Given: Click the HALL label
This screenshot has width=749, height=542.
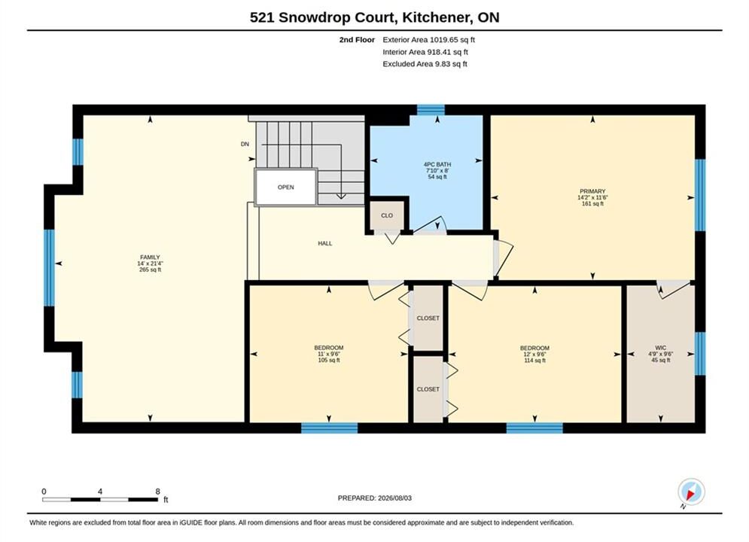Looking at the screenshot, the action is [x=325, y=244].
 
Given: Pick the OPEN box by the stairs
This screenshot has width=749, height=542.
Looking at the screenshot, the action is [x=285, y=187].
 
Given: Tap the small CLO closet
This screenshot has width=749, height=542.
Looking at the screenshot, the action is [x=387, y=215].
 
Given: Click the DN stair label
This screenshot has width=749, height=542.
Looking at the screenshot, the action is [x=245, y=145].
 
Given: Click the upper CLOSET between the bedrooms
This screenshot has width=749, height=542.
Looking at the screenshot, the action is [x=428, y=318].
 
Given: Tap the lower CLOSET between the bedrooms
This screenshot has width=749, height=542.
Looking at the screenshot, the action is [x=428, y=389].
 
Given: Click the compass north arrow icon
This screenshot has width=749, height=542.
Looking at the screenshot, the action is [x=691, y=492].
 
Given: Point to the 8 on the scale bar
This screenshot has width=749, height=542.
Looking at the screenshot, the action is [x=157, y=492].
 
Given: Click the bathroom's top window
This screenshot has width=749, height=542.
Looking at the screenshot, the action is [x=431, y=110].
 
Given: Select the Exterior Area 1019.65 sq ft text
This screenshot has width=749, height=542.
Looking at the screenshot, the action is [x=428, y=40].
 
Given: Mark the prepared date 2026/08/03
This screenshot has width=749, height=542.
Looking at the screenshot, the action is [x=394, y=498].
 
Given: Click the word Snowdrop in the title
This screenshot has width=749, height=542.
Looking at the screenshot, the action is [x=315, y=17].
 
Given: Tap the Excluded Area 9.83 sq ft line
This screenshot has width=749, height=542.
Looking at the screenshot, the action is [x=425, y=64].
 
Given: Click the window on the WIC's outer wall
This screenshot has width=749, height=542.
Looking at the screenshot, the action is [x=700, y=353].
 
